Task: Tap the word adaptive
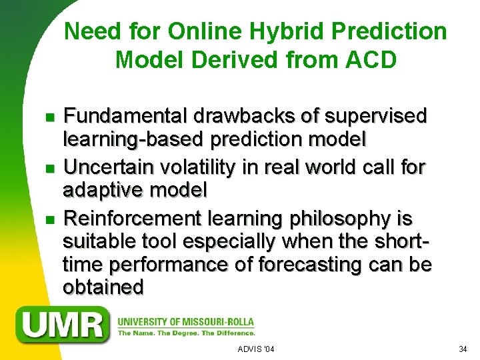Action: (x=101, y=191)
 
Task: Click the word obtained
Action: (x=103, y=287)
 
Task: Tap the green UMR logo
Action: (x=64, y=325)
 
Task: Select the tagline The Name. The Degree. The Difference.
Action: (x=186, y=333)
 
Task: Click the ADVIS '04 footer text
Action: (x=256, y=349)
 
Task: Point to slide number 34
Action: (x=464, y=349)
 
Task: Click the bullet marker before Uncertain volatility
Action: (x=41, y=168)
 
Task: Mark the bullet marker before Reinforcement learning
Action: (x=41, y=219)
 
